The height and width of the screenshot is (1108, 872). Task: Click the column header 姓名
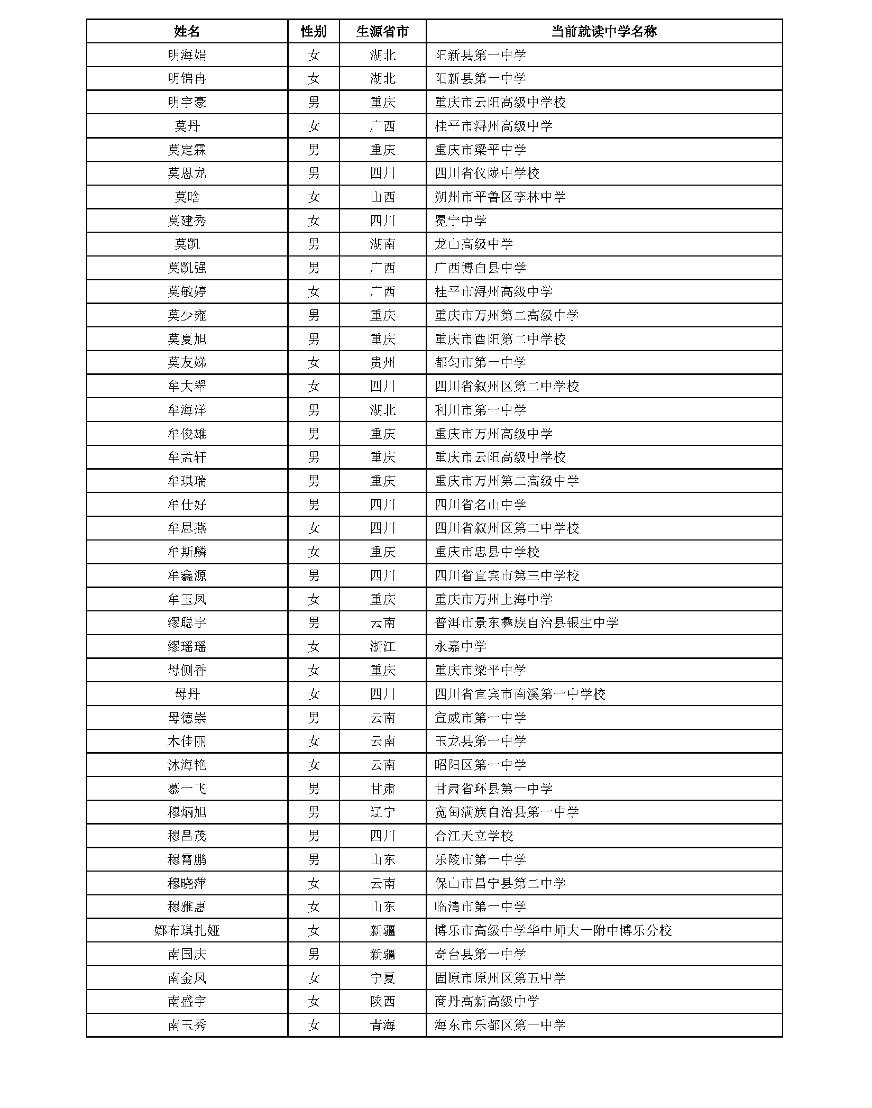point(187,32)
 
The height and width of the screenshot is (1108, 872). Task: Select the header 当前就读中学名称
point(603,32)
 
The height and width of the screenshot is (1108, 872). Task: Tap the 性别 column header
point(314,32)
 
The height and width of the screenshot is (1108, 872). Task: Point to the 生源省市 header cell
point(382,32)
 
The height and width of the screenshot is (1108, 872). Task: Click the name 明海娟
point(187,55)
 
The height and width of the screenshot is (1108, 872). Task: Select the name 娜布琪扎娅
point(187,930)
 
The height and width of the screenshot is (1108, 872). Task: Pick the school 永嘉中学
point(460,646)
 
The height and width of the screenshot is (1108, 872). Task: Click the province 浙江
point(382,646)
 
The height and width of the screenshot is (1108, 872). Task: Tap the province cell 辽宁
point(382,812)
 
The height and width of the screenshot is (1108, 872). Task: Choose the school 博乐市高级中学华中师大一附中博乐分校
point(553,930)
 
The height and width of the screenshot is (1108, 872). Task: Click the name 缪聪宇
point(187,623)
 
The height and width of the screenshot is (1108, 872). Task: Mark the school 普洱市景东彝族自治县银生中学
point(526,623)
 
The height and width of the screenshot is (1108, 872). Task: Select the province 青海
point(382,1025)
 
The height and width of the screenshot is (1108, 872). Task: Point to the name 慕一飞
point(187,789)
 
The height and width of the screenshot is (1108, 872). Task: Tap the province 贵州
point(382,363)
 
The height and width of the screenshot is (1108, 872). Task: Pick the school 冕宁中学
point(460,221)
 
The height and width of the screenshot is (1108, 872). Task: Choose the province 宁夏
point(382,978)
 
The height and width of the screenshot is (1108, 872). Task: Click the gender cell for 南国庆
point(314,954)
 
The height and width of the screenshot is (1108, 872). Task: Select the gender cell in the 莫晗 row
point(314,197)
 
